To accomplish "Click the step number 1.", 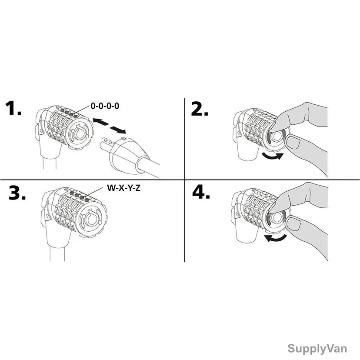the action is pos(13,108).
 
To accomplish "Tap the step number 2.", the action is pos(200,109).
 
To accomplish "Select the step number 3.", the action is pos(17,193).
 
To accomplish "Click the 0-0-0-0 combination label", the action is pos(105,106).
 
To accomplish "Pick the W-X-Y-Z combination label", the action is pos(123,188).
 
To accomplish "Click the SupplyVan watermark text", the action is pos(317,348).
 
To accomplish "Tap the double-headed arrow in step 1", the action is pos(109,126).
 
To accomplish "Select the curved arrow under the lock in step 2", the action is pos(273,156).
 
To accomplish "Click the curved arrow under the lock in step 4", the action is pos(276,238).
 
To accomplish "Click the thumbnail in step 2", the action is pos(293,142).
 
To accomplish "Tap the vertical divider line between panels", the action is pos(185,180).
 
